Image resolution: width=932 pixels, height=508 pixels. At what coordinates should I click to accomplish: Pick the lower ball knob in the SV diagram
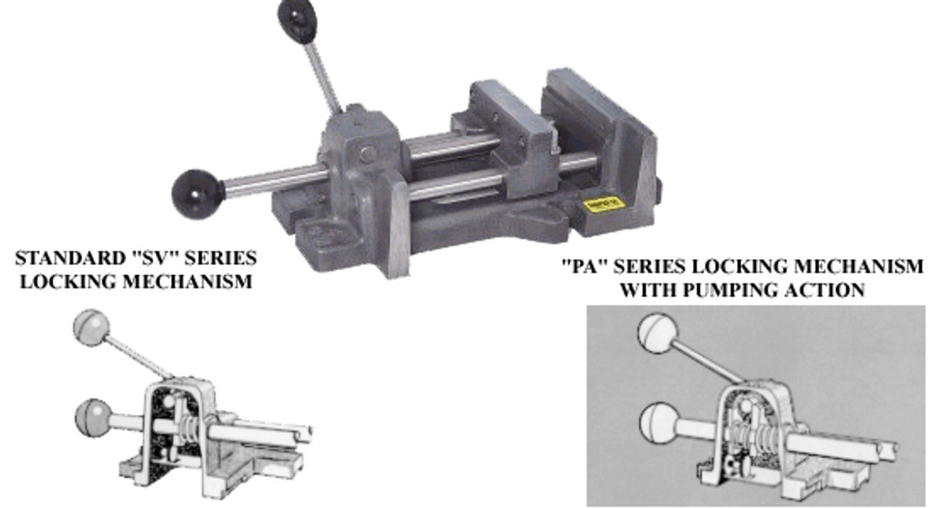click(x=93, y=417)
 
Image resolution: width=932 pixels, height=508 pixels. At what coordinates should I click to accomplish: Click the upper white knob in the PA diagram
click(x=657, y=333)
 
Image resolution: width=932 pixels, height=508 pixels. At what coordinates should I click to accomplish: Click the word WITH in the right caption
click(x=648, y=290)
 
